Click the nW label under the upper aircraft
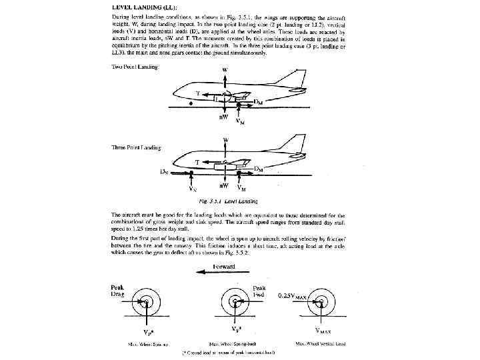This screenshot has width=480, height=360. (225, 118)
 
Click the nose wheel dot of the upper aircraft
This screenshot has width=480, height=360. (191, 104)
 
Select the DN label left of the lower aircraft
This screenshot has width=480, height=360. (163, 172)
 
